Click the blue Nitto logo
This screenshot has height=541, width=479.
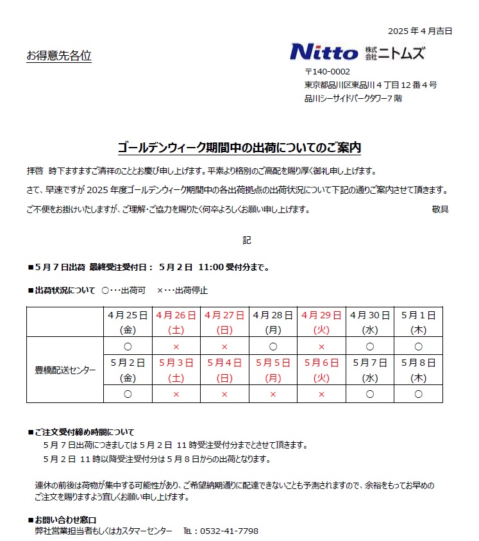[x=324, y=52]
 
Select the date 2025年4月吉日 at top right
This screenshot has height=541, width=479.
[x=420, y=31]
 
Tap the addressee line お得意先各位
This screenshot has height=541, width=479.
[x=59, y=56]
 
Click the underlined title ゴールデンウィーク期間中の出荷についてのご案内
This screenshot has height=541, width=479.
[x=239, y=148]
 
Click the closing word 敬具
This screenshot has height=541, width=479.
[x=440, y=209]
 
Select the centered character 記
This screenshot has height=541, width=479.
[x=247, y=240]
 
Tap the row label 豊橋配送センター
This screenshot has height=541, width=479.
[x=65, y=370]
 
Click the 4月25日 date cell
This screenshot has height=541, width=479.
[x=128, y=322]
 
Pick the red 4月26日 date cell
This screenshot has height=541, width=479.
[x=176, y=322]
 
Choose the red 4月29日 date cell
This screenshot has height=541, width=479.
[x=322, y=322]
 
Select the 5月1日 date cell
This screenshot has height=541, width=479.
[x=419, y=322]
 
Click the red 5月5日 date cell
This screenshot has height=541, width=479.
[x=273, y=370]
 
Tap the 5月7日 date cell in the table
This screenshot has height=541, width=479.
[x=370, y=370]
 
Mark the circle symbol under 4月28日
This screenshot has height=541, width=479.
[x=273, y=347]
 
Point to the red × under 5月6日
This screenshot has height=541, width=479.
[x=322, y=394]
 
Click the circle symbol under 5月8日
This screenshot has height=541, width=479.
[x=419, y=394]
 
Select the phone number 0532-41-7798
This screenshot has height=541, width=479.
[x=229, y=531]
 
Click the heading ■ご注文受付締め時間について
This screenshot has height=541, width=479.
[x=81, y=432]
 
